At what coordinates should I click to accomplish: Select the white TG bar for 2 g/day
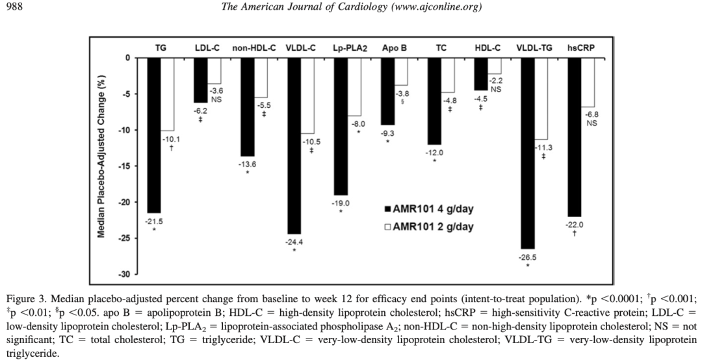coord(168,94)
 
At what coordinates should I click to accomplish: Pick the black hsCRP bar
coord(574,136)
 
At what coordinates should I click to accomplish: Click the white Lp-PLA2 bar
coord(354,86)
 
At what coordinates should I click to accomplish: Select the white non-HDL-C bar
coord(261,77)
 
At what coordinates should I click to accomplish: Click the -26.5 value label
coord(527,257)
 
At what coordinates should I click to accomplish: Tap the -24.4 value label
coord(294,242)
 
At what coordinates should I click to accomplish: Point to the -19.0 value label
coord(341,203)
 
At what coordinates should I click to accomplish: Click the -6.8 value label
coord(591,114)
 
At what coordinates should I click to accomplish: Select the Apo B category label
coord(394,48)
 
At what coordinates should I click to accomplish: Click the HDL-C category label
coord(487,48)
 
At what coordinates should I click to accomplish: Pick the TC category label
coord(441,48)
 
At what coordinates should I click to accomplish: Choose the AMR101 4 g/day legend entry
coord(429,209)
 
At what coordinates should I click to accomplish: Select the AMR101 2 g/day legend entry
coord(429,227)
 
